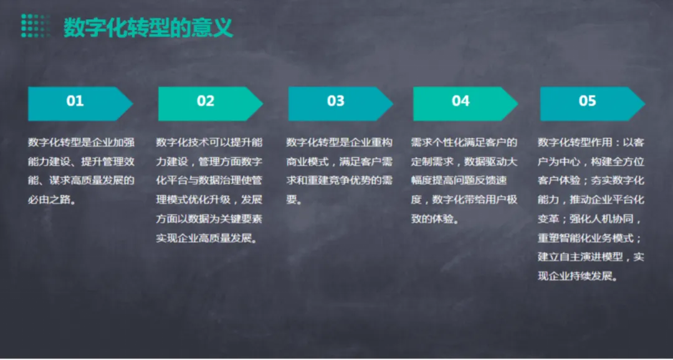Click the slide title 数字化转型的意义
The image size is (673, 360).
click(x=148, y=27)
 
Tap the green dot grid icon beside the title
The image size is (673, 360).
click(x=36, y=26)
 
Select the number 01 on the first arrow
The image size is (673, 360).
click(x=75, y=102)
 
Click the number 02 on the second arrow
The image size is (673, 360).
click(x=206, y=102)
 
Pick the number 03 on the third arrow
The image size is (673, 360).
click(x=336, y=102)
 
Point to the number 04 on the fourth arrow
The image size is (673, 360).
click(x=461, y=102)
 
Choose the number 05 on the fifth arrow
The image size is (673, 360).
click(x=587, y=102)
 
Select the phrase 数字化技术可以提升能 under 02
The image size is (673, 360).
click(x=209, y=142)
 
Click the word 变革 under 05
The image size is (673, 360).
click(x=548, y=219)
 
